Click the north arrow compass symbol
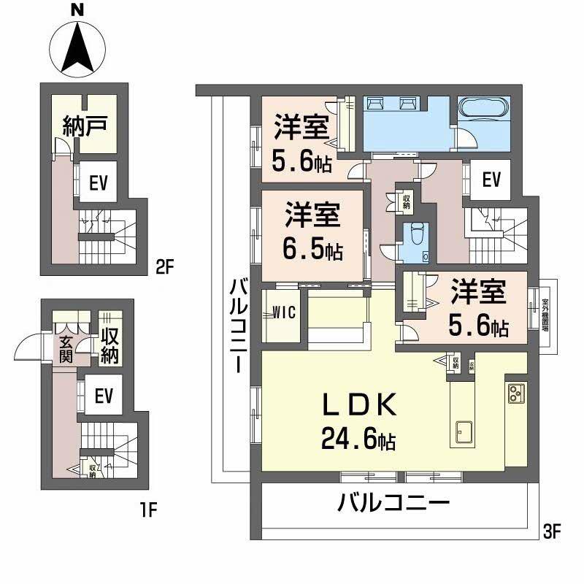(77, 46)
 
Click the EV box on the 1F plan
(104, 396)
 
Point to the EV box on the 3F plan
(491, 179)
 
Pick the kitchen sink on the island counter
(464, 430)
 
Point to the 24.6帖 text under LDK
(358, 439)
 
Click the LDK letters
(360, 404)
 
